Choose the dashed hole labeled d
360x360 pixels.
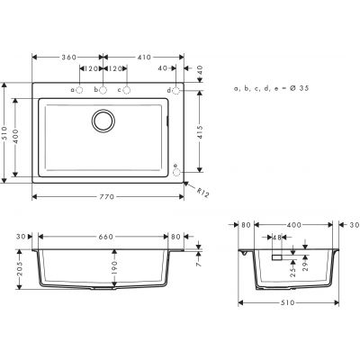176,92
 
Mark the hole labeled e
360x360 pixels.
176,166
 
